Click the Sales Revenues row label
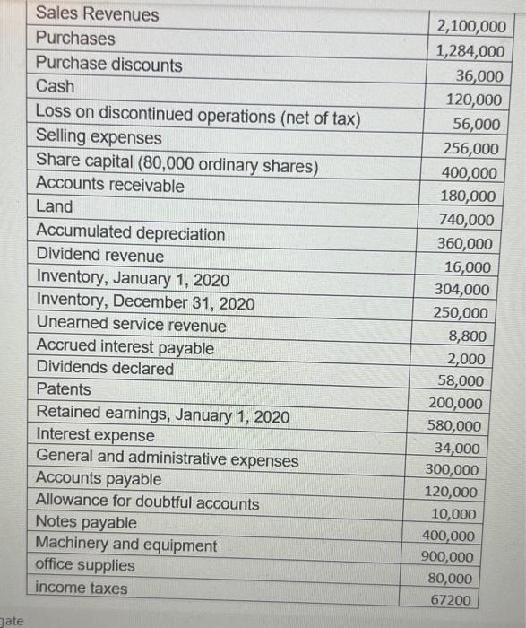tap(97, 15)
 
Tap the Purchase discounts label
tap(108, 65)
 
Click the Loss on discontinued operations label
tap(198, 116)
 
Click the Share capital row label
tap(177, 165)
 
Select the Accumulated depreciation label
tap(131, 234)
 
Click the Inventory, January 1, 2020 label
tap(133, 279)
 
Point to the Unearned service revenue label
tap(132, 324)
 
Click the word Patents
tap(64, 389)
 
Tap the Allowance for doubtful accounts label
tap(148, 503)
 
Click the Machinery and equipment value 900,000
tap(448, 556)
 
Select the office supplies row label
tap(85, 565)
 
